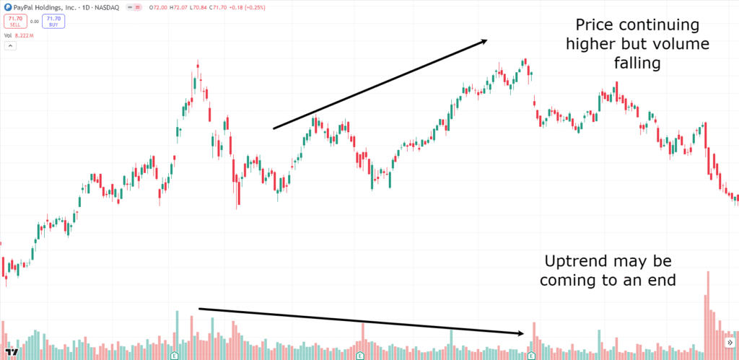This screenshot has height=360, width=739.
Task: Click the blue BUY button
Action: [52, 21]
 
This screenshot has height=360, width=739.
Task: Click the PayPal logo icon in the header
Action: [6, 7]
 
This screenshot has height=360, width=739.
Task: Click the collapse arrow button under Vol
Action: [9, 46]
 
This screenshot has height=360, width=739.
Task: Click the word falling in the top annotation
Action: [634, 63]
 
